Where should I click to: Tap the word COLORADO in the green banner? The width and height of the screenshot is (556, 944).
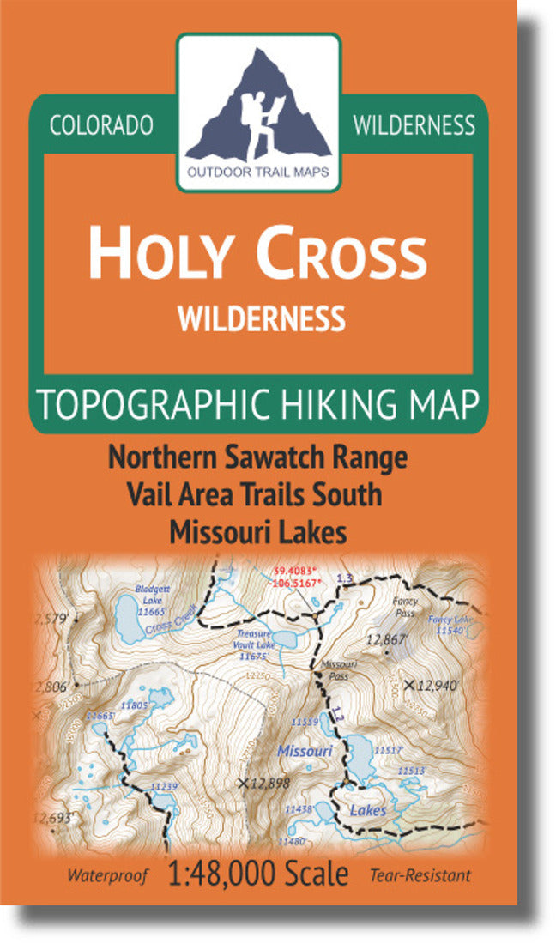[x=101, y=125]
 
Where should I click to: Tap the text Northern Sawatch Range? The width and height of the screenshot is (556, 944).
[x=257, y=458]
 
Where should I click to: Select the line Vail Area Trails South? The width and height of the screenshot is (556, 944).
[x=253, y=495]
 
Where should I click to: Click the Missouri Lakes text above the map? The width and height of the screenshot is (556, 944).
[x=258, y=532]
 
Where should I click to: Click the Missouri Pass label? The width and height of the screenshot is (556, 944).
[x=332, y=669]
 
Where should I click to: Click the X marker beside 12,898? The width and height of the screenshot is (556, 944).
[x=244, y=783]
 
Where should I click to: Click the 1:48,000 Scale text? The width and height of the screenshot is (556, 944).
[x=259, y=874]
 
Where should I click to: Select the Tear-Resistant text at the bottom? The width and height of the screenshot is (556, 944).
[x=421, y=876]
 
